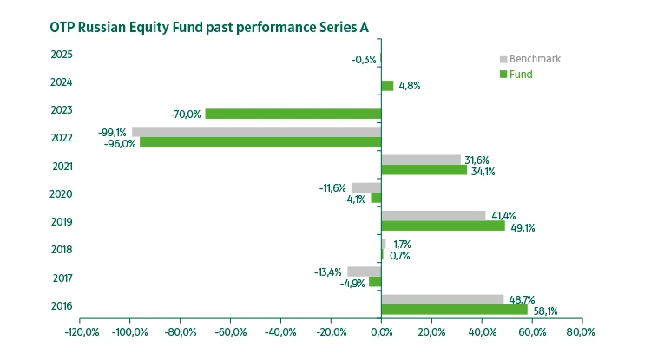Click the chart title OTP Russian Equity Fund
209,27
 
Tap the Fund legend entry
521,75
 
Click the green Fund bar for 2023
293,114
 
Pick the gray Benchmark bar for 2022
256,132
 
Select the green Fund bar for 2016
454,310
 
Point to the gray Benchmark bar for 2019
433,215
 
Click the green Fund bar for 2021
424,170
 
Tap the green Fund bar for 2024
387,86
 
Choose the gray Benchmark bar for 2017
364,272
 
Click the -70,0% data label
186,114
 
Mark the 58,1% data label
545,311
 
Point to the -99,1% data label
112,133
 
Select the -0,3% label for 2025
364,59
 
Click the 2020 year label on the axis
62,194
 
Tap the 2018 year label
62,250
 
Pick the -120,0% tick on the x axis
80,332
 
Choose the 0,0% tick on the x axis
381,332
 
